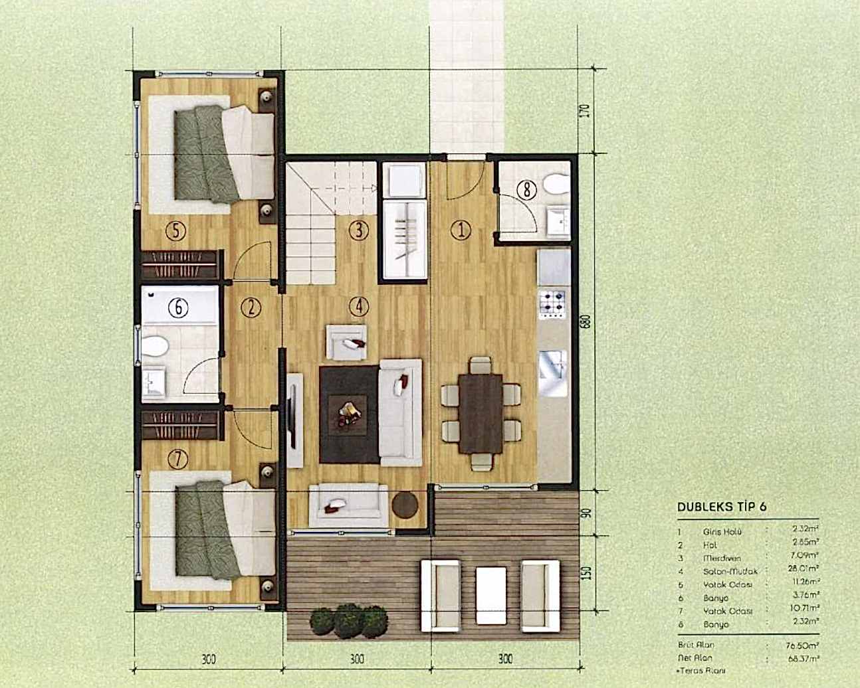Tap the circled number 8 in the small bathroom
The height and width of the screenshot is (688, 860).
pyautogui.click(x=527, y=191)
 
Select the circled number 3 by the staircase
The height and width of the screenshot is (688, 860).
pyautogui.click(x=358, y=230)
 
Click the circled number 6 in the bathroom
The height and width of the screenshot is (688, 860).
pyautogui.click(x=177, y=307)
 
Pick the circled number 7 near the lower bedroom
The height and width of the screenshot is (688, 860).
pyautogui.click(x=177, y=458)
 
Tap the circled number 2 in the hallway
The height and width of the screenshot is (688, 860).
pyautogui.click(x=251, y=307)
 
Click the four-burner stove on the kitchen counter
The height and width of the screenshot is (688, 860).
pyautogui.click(x=553, y=303)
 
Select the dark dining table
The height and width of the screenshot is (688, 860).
pyautogui.click(x=482, y=412)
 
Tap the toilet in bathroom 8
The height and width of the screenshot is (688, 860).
pyautogui.click(x=554, y=183)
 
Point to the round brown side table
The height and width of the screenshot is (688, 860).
pyautogui.click(x=405, y=504)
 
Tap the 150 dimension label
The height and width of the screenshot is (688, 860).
pyautogui.click(x=585, y=572)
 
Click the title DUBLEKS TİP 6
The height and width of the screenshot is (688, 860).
pyautogui.click(x=722, y=506)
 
